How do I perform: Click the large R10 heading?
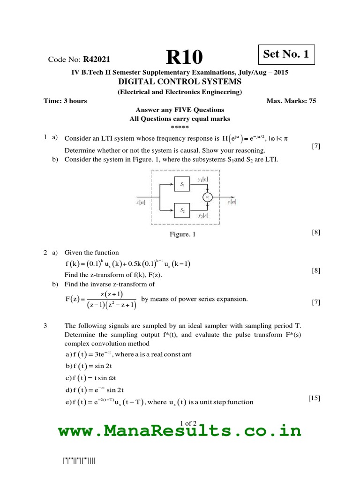point(185,58)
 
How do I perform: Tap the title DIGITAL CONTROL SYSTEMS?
point(180,82)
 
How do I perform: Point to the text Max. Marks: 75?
point(291,101)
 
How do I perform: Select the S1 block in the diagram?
point(182,185)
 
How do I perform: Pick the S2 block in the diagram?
point(182,211)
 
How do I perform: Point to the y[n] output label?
point(232,202)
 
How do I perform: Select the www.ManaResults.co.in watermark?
point(180,430)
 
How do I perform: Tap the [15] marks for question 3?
point(314,398)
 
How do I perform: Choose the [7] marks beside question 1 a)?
point(315,146)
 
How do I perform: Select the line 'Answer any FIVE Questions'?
point(180,110)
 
